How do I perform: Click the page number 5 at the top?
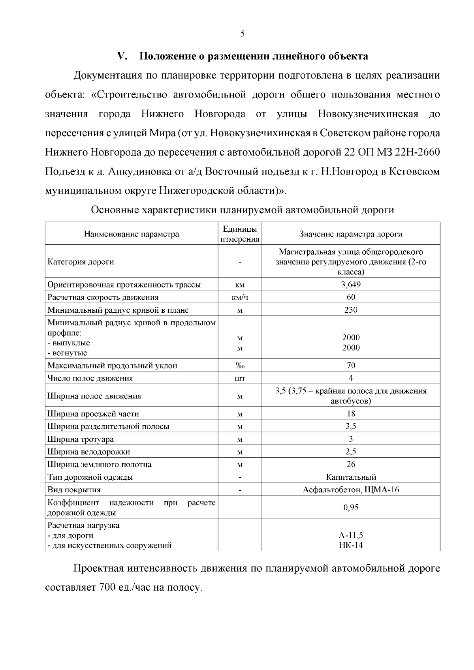click(242, 34)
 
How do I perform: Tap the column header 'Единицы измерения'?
click(240, 234)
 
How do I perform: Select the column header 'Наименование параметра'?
click(131, 234)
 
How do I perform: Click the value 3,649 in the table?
click(351, 284)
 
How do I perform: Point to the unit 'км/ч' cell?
click(240, 297)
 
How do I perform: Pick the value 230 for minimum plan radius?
click(351, 310)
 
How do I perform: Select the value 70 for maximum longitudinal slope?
click(351, 366)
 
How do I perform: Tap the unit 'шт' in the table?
click(240, 378)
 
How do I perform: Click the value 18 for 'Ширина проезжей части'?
click(351, 414)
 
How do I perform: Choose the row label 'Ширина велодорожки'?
click(88, 452)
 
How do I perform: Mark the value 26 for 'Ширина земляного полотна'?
click(351, 464)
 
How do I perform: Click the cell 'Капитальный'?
click(351, 477)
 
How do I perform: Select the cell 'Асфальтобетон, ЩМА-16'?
click(351, 490)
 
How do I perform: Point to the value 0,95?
click(351, 507)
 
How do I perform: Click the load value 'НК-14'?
click(351, 545)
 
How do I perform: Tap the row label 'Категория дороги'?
click(81, 262)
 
